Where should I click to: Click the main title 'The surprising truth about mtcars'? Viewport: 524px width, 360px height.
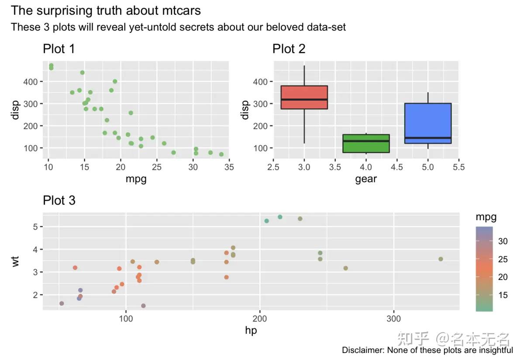106,10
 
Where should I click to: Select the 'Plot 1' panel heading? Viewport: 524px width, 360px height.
59,49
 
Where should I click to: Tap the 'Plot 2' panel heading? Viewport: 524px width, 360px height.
289,49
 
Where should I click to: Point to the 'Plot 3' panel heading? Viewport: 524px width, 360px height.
59,201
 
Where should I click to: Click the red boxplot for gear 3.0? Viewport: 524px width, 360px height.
304,97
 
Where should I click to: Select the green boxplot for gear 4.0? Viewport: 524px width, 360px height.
366,143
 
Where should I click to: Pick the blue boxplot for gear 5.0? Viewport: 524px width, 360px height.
428,123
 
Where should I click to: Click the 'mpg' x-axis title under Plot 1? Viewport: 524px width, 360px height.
136,179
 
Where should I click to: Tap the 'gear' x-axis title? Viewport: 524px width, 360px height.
366,179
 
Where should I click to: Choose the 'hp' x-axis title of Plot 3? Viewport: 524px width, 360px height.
251,331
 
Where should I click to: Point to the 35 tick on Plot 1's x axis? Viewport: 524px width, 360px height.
229,167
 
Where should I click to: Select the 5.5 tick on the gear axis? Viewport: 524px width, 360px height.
458,167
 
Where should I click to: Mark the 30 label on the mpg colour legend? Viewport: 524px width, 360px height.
503,241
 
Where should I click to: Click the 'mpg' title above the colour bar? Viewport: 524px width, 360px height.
486,217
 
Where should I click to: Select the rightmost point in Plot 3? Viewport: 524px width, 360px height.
441,259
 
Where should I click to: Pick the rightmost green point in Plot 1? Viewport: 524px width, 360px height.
221,154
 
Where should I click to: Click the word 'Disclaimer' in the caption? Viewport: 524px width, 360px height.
362,350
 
